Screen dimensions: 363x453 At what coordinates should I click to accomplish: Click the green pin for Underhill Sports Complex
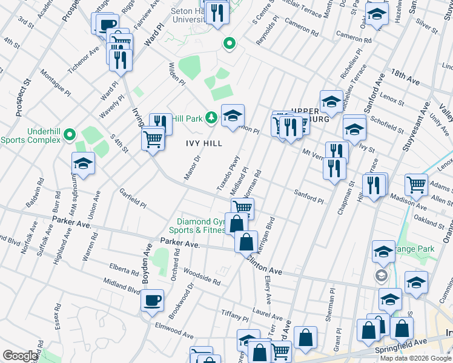click(x=70, y=134)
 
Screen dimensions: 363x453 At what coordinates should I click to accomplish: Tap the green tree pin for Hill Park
click(x=211, y=117)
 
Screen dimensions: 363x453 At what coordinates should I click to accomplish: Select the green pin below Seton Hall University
click(x=229, y=43)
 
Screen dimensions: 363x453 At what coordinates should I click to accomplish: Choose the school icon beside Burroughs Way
click(x=83, y=163)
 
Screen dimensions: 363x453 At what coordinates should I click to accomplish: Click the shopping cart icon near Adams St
click(x=416, y=185)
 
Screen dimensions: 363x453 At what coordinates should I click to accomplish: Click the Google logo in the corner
click(x=20, y=356)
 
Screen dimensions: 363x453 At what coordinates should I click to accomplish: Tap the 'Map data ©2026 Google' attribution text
click(x=415, y=358)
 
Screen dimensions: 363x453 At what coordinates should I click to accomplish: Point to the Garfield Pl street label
click(x=133, y=197)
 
